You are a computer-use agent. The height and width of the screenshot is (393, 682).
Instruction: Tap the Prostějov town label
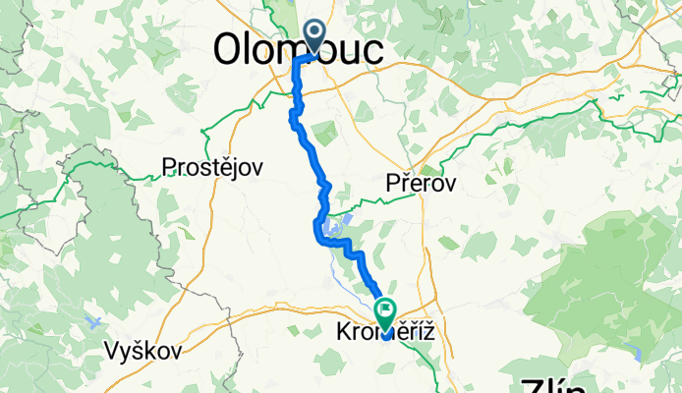(213, 168)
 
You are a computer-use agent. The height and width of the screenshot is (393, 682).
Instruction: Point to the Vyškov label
(142, 351)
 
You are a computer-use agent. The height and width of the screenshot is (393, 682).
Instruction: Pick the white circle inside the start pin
(316, 31)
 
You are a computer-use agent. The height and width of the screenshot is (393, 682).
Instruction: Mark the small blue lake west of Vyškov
(93, 323)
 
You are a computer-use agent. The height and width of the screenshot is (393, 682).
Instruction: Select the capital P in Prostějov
(170, 168)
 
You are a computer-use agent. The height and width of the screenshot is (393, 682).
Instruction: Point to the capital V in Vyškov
(112, 351)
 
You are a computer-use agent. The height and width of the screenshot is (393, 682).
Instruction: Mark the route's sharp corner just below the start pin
(297, 59)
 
